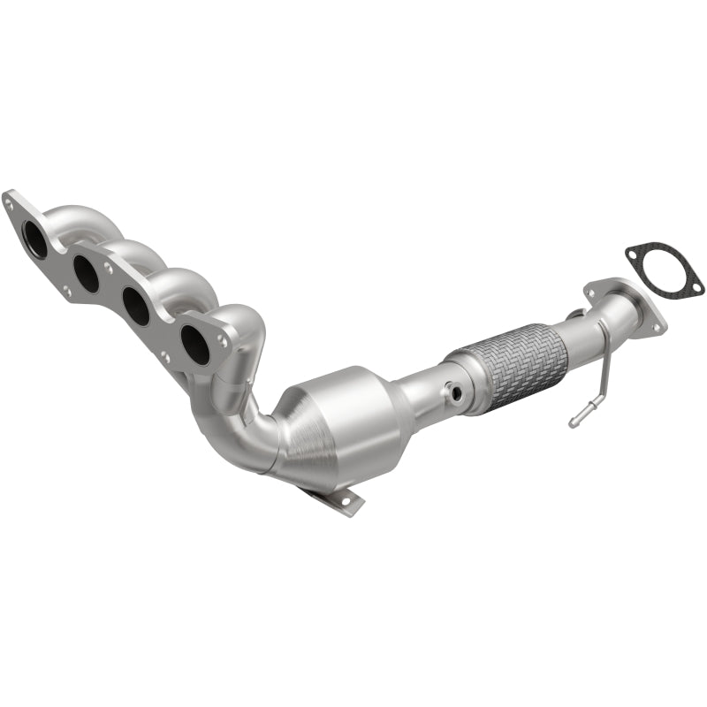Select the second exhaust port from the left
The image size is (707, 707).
click(x=87, y=274)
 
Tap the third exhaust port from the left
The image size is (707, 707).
click(x=136, y=306)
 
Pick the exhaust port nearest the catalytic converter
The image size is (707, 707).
click(x=195, y=343)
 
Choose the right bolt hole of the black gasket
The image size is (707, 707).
click(x=696, y=287)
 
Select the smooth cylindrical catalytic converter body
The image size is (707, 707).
click(x=362, y=415)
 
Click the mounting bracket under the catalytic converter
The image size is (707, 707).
click(x=340, y=499)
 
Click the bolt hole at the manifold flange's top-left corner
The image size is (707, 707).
click(x=10, y=202)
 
